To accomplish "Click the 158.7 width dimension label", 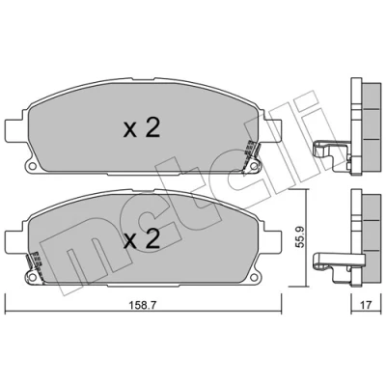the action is (x=143, y=305).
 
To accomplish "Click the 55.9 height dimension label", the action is (x=299, y=238).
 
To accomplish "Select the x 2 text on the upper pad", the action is (x=142, y=129).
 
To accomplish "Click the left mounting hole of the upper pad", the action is (x=32, y=166).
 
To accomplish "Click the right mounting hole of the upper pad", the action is (x=254, y=166).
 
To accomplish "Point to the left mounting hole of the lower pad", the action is (x=32, y=277).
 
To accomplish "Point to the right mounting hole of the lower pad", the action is (x=254, y=277).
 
